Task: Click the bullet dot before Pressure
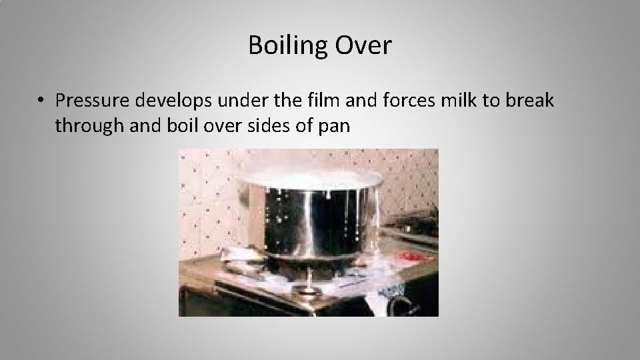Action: tap(41, 101)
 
